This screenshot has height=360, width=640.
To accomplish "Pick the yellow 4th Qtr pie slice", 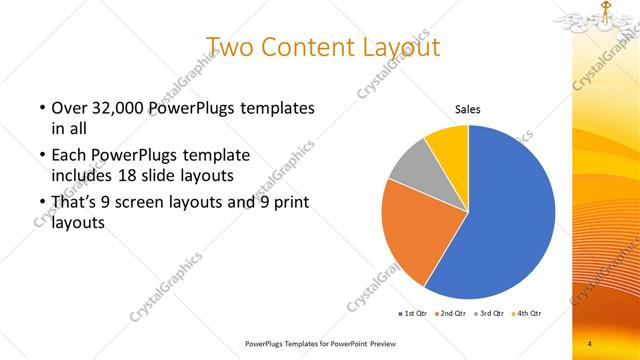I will click(x=449, y=145).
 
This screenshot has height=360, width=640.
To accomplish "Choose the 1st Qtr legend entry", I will click(x=414, y=314).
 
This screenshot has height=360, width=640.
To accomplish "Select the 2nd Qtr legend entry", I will click(x=450, y=314).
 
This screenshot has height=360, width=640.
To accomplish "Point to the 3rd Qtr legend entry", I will click(x=487, y=314).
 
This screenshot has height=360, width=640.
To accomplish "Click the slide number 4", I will click(x=589, y=344).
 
